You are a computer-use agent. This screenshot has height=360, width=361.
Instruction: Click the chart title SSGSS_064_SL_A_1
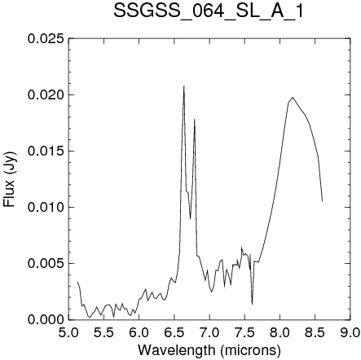pyautogui.click(x=208, y=11)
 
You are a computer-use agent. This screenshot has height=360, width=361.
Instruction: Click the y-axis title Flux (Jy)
pyautogui.click(x=9, y=179)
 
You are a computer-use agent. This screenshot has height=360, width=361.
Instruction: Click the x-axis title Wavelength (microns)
pyautogui.click(x=209, y=350)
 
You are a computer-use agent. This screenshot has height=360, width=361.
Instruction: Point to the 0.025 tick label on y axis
pyautogui.click(x=46, y=39)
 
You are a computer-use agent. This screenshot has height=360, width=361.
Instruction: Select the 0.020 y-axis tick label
pyautogui.click(x=46, y=95)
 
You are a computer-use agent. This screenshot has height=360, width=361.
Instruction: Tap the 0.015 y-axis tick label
pyautogui.click(x=46, y=151)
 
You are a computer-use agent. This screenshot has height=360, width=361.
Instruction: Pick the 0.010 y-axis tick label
pyautogui.click(x=46, y=208)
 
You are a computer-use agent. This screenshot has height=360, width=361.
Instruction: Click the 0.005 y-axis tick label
pyautogui.click(x=46, y=264)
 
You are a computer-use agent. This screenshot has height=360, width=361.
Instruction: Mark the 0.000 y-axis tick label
pyautogui.click(x=46, y=320)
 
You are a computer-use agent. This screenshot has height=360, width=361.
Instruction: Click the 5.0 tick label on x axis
pyautogui.click(x=68, y=333)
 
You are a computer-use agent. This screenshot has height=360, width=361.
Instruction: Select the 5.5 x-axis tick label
pyautogui.click(x=103, y=333)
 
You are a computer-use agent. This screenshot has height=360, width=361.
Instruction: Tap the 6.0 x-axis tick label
pyautogui.click(x=139, y=333)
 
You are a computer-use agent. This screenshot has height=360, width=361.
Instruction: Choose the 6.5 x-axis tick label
pyautogui.click(x=174, y=333)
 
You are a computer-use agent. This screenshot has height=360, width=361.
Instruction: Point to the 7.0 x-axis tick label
pyautogui.click(x=209, y=333)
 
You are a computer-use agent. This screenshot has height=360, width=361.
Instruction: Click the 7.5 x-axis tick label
pyautogui.click(x=244, y=333)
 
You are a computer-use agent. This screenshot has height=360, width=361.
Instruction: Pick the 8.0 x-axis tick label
pyautogui.click(x=280, y=333)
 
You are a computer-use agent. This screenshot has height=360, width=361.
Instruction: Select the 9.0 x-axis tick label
pyautogui.click(x=350, y=333)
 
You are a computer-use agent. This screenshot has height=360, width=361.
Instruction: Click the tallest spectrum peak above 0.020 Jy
pyautogui.click(x=184, y=86)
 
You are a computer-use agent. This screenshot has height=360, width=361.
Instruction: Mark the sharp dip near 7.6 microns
pyautogui.click(x=252, y=304)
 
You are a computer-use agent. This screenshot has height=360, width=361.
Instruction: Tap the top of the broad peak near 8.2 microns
pyautogui.click(x=293, y=97)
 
